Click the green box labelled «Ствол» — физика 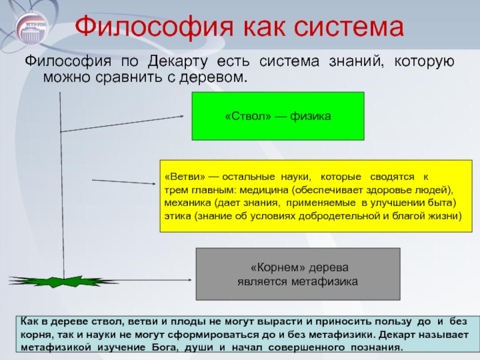[278, 116]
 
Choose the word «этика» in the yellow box [178, 215]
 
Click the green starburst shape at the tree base [62, 281]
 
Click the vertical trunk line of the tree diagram [61, 180]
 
